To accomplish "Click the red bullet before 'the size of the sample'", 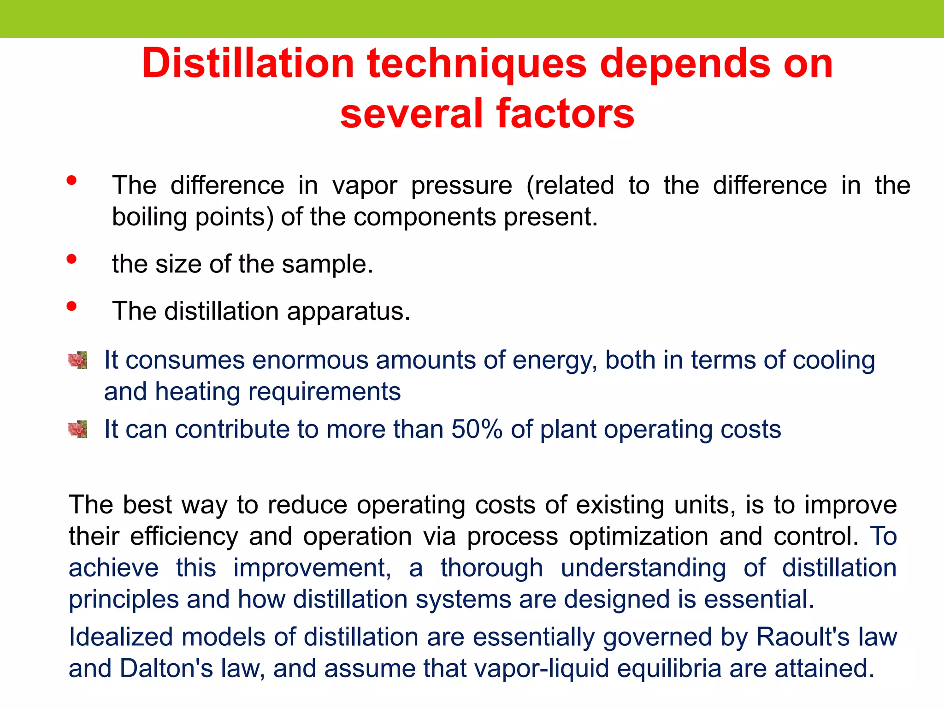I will (71, 259).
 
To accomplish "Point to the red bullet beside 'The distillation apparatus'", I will (71, 306).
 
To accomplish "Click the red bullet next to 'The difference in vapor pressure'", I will (71, 180).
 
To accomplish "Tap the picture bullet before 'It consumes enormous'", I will (77, 360).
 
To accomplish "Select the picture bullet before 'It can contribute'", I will (77, 429).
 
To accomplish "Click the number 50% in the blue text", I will (477, 429).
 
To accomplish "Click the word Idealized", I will (121, 637).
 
